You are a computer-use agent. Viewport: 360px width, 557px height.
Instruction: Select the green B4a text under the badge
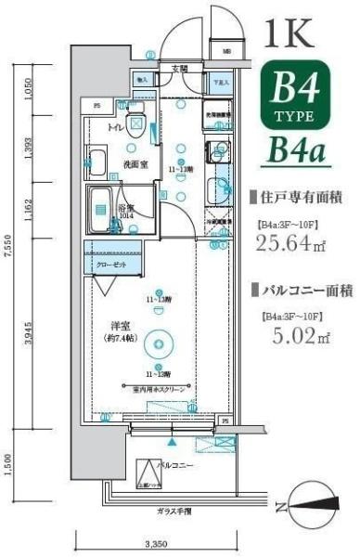tap(296, 149)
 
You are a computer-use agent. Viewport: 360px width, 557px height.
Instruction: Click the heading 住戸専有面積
tap(297, 197)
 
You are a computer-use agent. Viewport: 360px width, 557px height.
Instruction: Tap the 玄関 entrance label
tap(179, 69)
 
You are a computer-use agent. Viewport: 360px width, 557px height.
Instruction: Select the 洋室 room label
tap(118, 325)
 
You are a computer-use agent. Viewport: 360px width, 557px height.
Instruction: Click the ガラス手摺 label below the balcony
tap(175, 512)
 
